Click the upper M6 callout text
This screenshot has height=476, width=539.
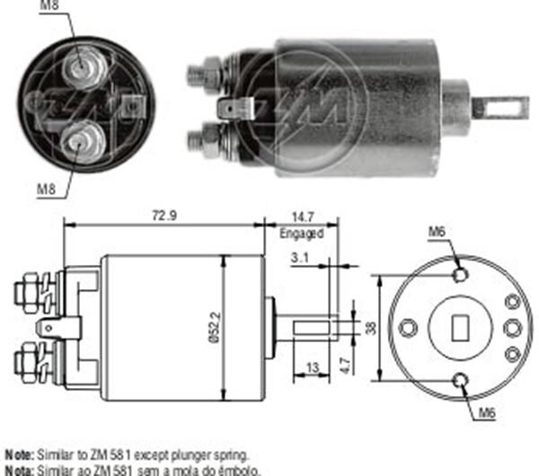click(x=437, y=232)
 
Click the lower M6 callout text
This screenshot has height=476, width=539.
click(x=487, y=415)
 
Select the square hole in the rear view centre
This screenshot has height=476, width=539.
click(x=464, y=327)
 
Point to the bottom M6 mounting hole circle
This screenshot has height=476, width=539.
click(x=463, y=381)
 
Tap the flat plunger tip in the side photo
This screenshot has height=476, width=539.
click(x=503, y=108)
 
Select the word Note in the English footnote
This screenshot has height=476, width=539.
click(x=19, y=455)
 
